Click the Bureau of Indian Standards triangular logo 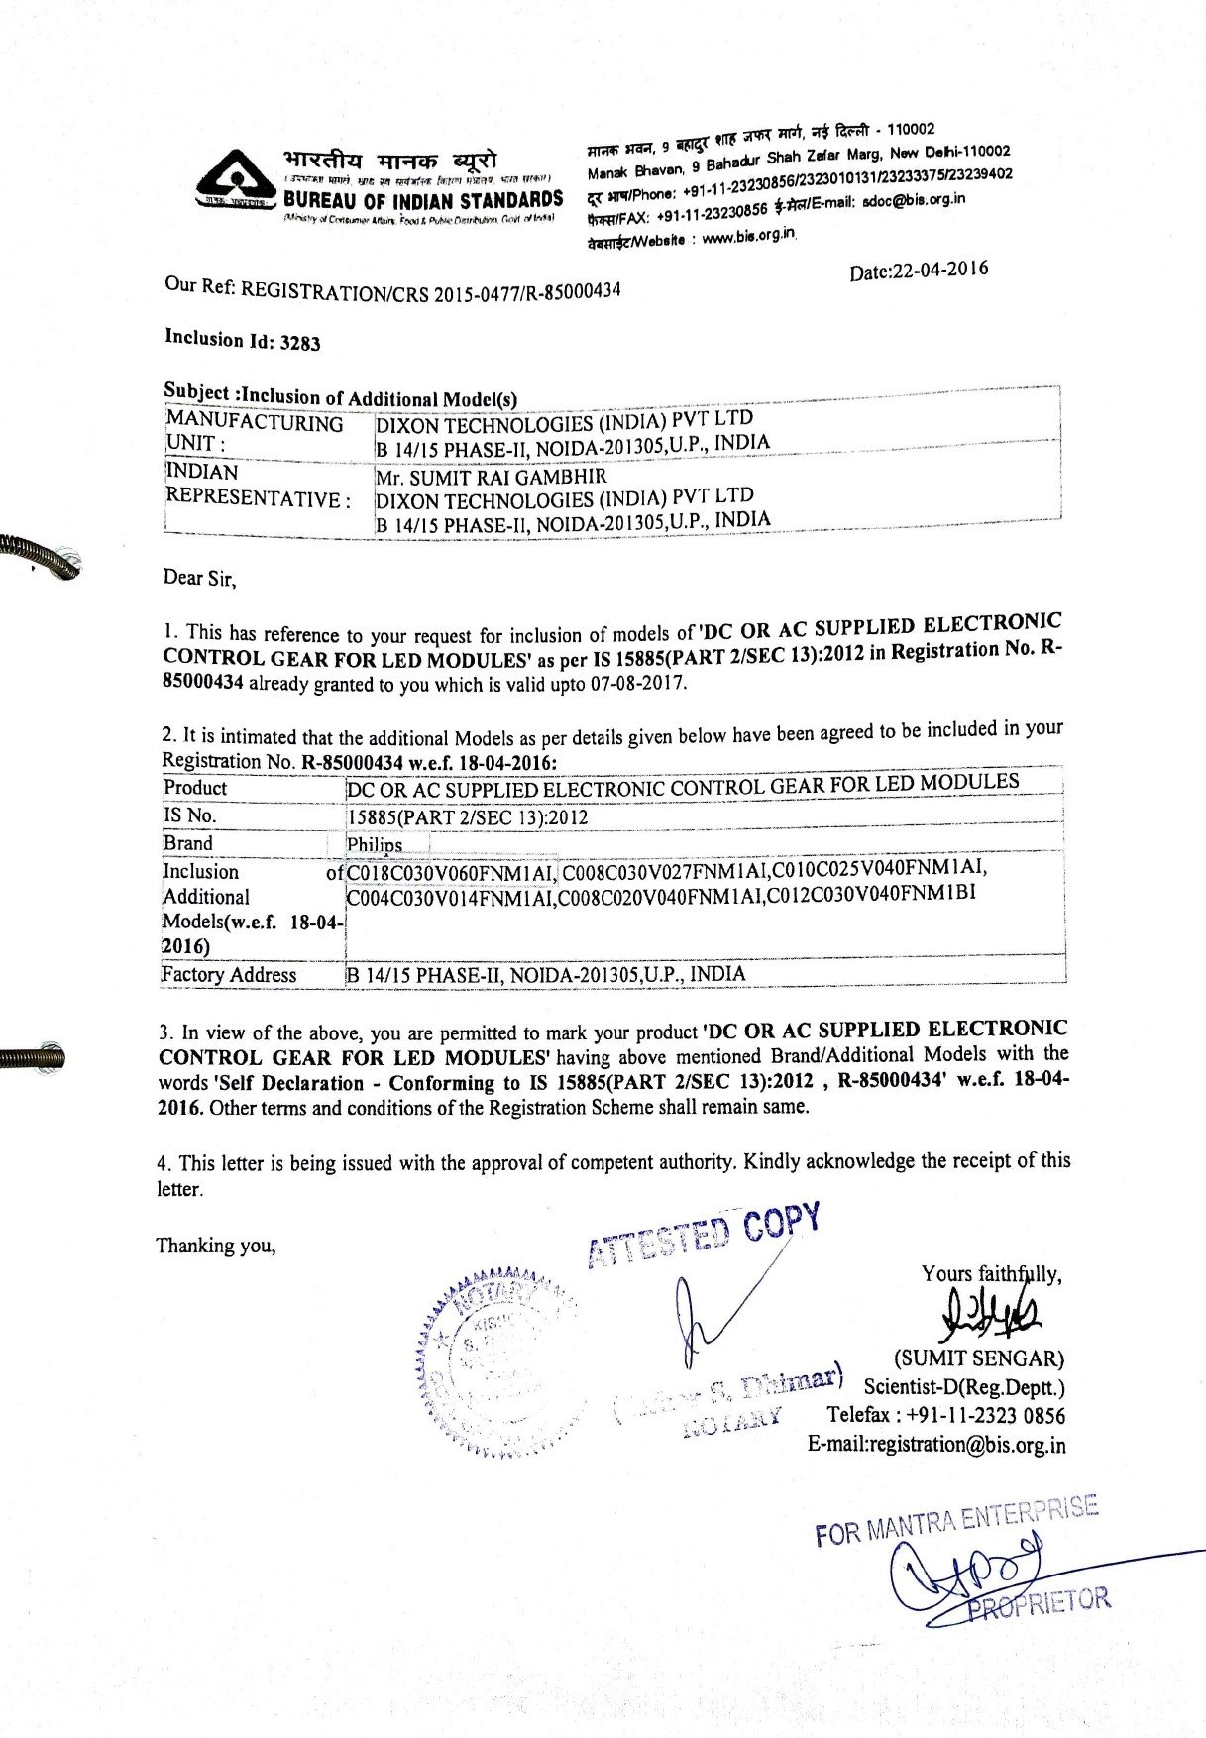click(236, 180)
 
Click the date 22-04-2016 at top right click(919, 271)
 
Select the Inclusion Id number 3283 click(300, 343)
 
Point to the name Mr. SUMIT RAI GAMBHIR click(491, 477)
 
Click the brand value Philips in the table click(375, 845)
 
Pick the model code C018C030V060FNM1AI click(451, 873)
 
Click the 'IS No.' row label click(189, 815)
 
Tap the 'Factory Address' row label click(229, 974)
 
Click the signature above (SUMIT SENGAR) click(992, 1314)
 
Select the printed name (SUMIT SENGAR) click(979, 1358)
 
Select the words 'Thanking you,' click(215, 1246)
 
